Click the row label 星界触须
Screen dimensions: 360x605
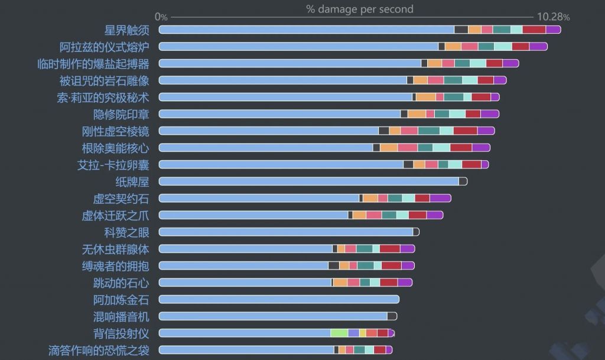pyautogui.click(x=126, y=30)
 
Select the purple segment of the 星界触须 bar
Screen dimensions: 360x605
pyautogui.click(x=553, y=30)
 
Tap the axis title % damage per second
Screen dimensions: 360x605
pyautogui.click(x=360, y=9)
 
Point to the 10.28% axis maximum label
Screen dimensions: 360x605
pyautogui.click(x=553, y=17)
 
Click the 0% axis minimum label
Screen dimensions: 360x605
pyautogui.click(x=161, y=17)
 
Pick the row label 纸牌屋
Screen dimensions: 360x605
pyautogui.click(x=132, y=181)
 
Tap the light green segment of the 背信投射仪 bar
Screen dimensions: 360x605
pyautogui.click(x=339, y=333)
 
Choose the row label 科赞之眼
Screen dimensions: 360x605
pyautogui.click(x=126, y=232)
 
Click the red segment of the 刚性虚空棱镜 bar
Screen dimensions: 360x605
pyautogui.click(x=465, y=131)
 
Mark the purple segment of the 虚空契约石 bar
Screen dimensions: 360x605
pyautogui.click(x=440, y=198)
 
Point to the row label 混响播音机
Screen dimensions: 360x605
pyautogui.click(x=121, y=316)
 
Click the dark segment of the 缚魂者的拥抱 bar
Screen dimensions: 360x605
pyautogui.click(x=334, y=265)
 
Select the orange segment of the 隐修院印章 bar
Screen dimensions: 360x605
pyautogui.click(x=417, y=114)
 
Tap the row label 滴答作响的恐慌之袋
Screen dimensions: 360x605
pyautogui.click(x=99, y=350)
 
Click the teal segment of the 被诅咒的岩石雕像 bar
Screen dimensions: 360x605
pyautogui.click(x=453, y=80)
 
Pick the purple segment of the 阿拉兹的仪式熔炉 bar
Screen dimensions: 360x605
pyautogui.click(x=538, y=47)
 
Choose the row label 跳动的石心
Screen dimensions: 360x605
pyautogui.click(x=121, y=283)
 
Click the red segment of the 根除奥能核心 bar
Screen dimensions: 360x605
pyautogui.click(x=461, y=148)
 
